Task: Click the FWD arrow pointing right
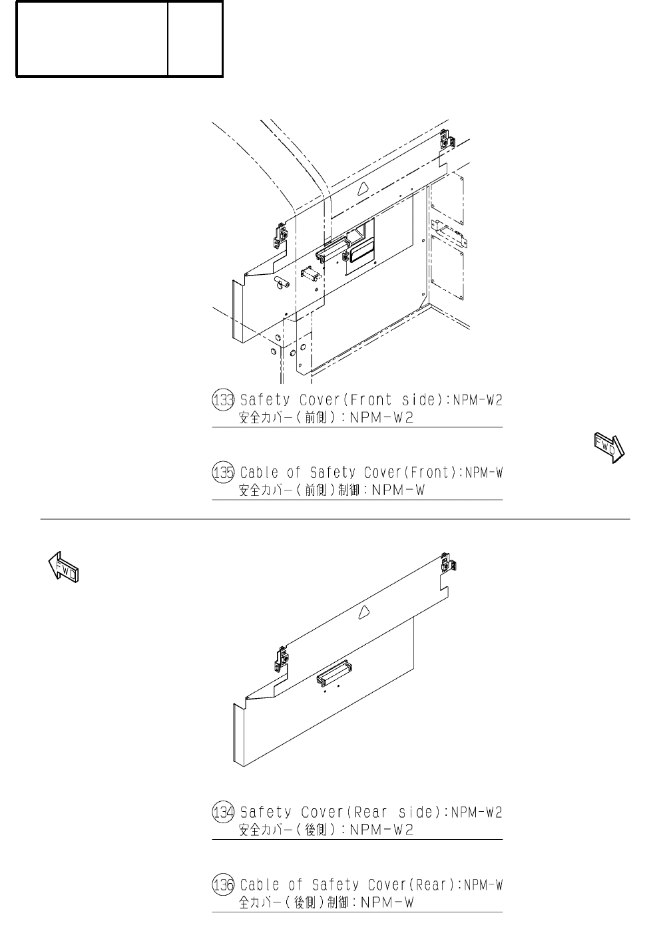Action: click(608, 447)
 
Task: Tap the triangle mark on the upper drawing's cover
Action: click(362, 188)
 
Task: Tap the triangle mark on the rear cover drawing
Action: click(363, 612)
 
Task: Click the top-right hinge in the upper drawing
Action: click(447, 140)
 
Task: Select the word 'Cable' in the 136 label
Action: click(260, 885)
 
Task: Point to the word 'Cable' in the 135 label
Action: click(260, 473)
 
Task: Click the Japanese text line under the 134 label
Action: click(326, 830)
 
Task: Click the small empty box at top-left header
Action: click(195, 39)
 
